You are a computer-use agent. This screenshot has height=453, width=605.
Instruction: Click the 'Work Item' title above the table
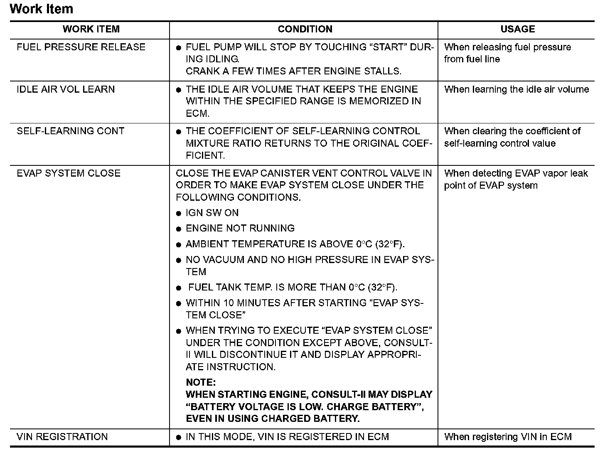click(41, 9)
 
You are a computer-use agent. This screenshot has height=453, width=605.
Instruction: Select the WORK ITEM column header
click(91, 29)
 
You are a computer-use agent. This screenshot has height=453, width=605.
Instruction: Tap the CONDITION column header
click(305, 29)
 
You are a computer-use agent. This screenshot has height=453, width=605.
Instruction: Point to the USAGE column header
click(517, 29)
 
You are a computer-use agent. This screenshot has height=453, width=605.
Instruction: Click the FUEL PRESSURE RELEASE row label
click(81, 47)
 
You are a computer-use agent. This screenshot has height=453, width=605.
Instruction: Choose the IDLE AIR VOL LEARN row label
click(66, 89)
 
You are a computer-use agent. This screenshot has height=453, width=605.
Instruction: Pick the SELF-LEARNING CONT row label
click(70, 131)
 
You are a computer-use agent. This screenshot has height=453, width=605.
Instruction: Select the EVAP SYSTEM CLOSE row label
click(69, 173)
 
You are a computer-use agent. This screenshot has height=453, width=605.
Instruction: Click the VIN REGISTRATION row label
click(62, 437)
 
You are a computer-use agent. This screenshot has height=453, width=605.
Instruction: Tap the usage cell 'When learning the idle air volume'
click(516, 89)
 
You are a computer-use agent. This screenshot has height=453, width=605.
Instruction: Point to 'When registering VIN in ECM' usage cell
click(508, 437)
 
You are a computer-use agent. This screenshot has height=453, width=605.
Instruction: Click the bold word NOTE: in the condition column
click(201, 382)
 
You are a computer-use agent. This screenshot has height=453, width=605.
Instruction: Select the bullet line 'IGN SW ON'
click(212, 213)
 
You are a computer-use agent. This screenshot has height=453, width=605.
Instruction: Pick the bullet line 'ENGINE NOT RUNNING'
click(240, 228)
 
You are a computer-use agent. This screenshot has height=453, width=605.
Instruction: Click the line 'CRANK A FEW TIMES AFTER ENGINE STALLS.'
click(293, 71)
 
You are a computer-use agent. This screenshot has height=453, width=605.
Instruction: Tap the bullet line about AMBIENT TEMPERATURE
click(295, 244)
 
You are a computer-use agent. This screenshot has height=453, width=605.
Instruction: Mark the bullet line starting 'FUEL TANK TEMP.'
click(293, 287)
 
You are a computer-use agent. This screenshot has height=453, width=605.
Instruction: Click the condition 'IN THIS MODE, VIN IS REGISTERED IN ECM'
click(287, 437)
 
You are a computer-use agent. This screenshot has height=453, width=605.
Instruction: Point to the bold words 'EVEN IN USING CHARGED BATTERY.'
click(273, 419)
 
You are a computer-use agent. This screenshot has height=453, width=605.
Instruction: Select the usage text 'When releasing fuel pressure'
click(507, 47)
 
